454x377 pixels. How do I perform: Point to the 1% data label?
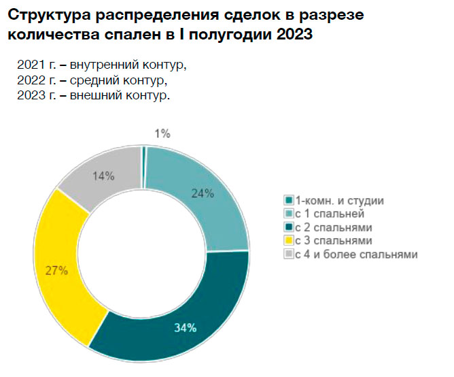(162, 133)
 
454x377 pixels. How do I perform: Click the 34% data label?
(185, 328)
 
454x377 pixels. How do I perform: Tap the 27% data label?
(56, 271)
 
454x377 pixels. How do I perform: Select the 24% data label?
(202, 193)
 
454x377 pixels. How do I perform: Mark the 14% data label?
(103, 176)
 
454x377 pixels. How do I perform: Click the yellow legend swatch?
(289, 241)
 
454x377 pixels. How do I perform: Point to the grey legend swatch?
(289, 254)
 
